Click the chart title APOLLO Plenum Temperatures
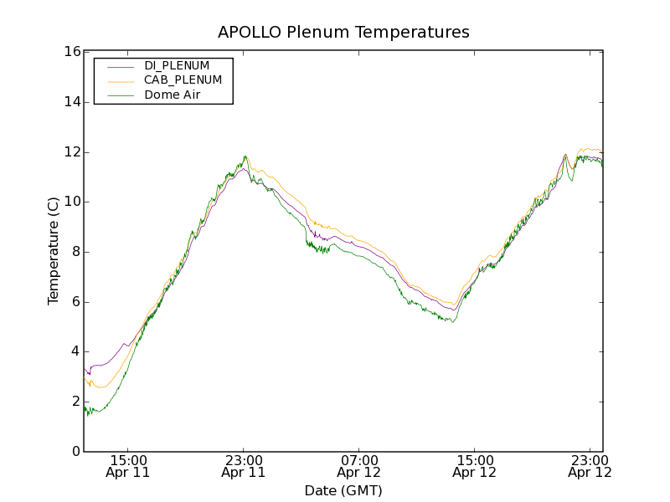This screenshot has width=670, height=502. (x=343, y=33)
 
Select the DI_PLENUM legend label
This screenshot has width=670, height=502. (x=177, y=65)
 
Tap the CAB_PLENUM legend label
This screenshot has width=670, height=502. (x=183, y=80)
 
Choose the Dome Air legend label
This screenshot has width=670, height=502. (x=172, y=95)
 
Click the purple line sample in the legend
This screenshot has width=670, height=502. (x=121, y=66)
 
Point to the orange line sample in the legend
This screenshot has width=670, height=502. (x=121, y=81)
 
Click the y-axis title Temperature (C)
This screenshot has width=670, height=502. (x=54, y=251)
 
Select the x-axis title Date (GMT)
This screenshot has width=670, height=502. (x=343, y=490)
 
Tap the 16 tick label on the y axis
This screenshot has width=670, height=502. (x=72, y=52)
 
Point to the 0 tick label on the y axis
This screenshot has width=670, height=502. (x=75, y=452)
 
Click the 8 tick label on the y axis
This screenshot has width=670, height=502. (x=75, y=252)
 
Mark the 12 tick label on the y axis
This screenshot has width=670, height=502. (x=72, y=152)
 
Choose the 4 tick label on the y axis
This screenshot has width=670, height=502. (x=75, y=351)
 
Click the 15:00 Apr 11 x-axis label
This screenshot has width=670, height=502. (x=127, y=466)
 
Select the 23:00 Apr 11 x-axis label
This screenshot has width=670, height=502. (x=243, y=466)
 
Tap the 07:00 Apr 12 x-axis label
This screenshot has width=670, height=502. (x=358, y=466)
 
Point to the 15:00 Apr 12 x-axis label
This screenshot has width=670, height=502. (x=474, y=466)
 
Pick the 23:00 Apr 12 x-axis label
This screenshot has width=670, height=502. (x=590, y=466)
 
